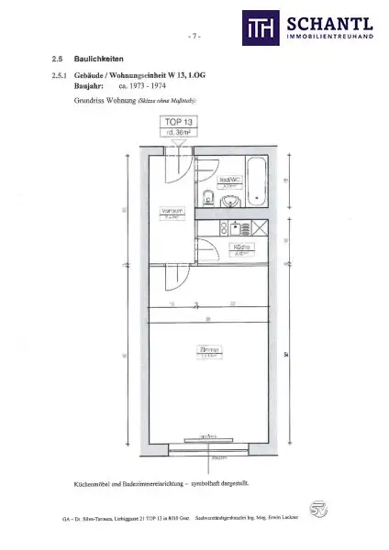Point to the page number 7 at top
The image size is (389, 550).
pos(194,38)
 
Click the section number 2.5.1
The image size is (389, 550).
pos(62,77)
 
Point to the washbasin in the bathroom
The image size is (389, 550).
pos(230,199)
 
